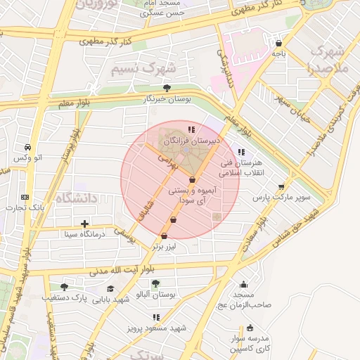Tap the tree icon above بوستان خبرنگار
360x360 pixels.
tap(167, 88)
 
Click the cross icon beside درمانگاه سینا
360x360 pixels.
tap(84, 224)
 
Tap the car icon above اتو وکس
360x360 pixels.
tap(27, 148)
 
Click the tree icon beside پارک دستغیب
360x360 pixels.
tap(65, 287)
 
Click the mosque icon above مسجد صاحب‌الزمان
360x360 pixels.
tap(244, 285)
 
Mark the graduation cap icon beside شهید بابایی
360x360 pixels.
tap(110, 288)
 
